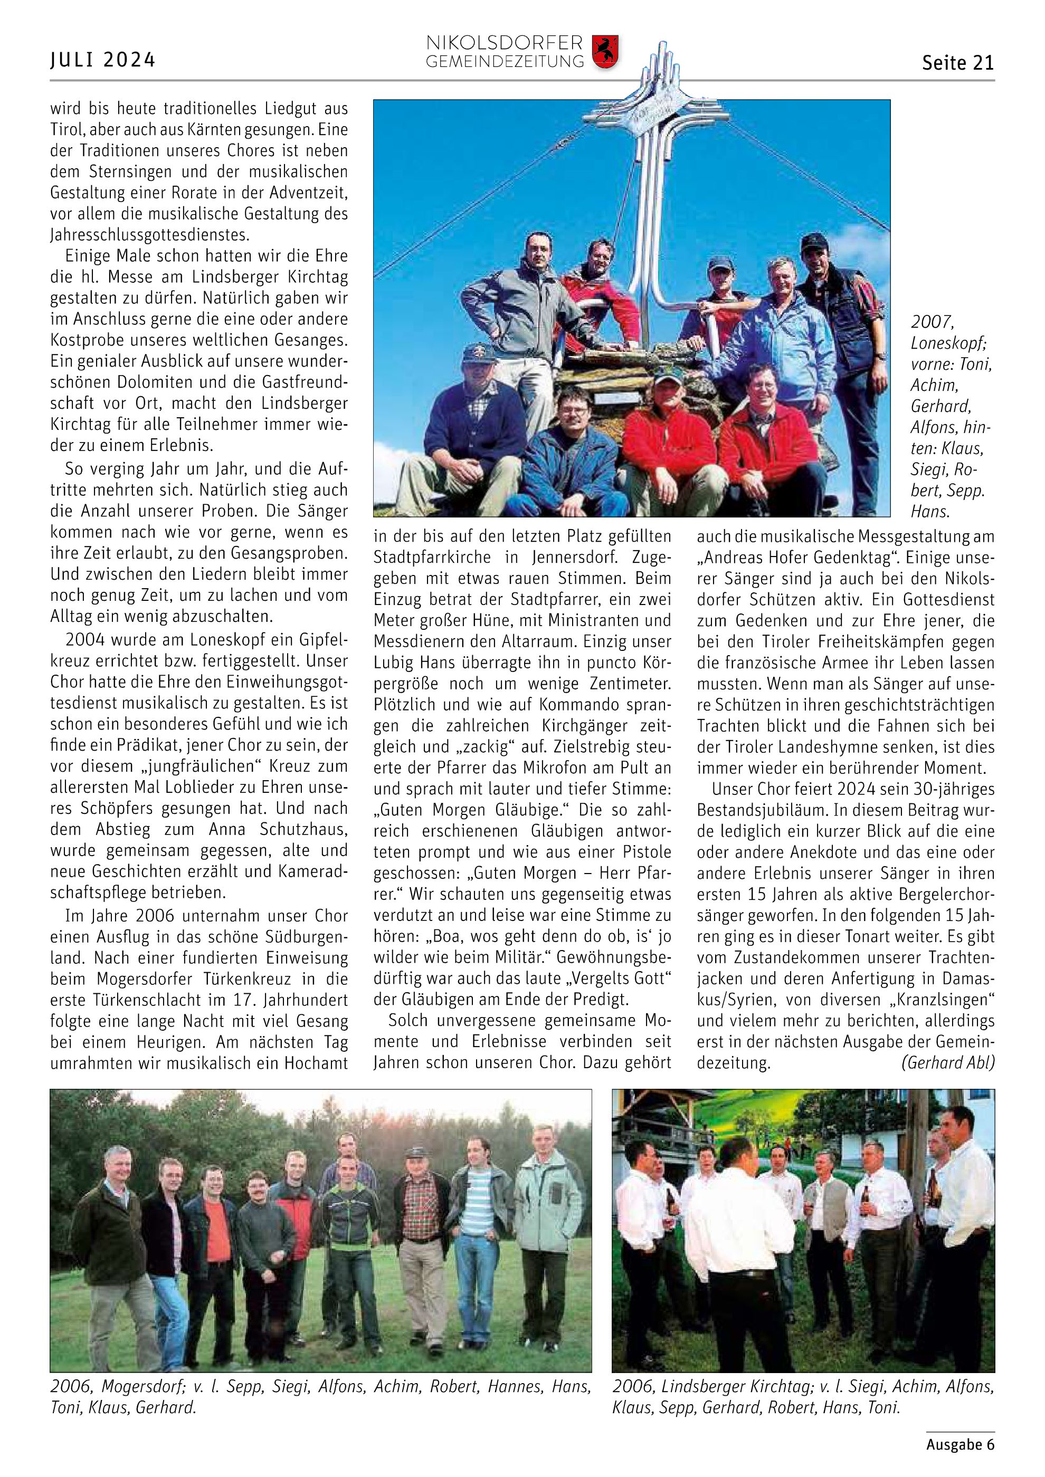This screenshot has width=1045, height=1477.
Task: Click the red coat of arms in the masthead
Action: [604, 52]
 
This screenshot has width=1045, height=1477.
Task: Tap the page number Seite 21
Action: [957, 63]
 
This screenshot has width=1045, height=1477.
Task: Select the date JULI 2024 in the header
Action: [103, 60]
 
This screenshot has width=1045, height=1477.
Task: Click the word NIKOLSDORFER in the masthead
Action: [504, 43]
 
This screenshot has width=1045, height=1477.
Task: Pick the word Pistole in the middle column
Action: [647, 852]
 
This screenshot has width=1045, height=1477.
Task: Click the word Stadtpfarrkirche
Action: [432, 557]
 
